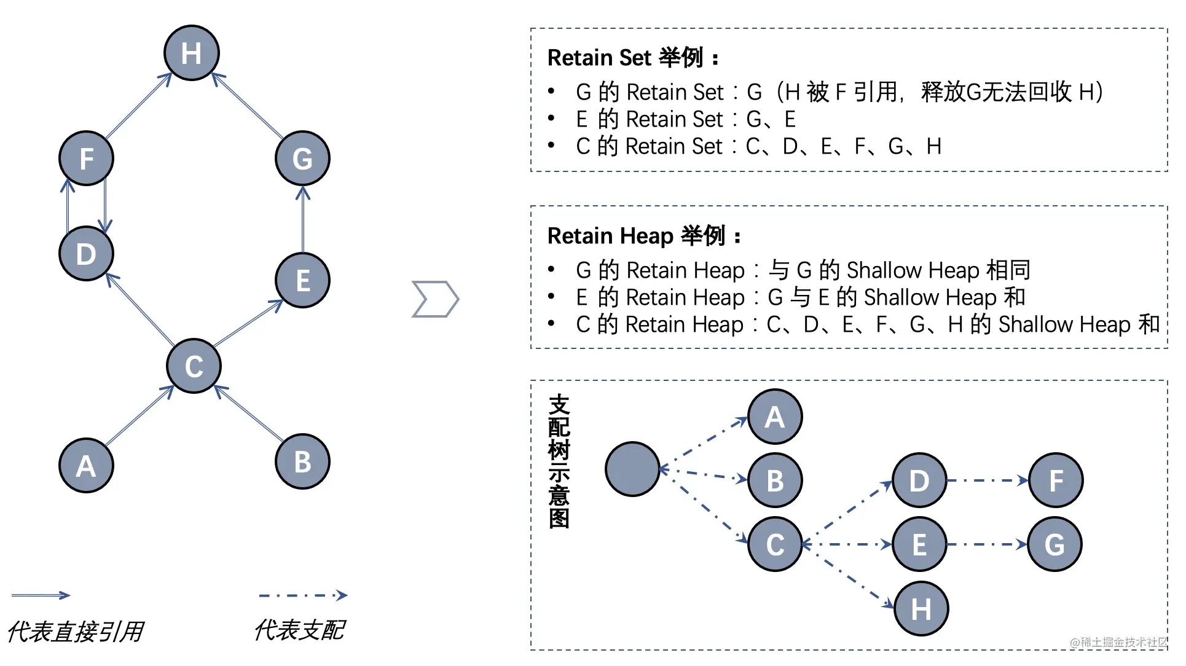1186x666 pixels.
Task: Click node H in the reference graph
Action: coord(192,53)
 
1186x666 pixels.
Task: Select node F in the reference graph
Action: coord(86,159)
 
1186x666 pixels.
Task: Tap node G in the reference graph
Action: coord(302,159)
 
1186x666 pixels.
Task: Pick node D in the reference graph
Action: coord(86,254)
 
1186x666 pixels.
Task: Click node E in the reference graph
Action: coord(302,281)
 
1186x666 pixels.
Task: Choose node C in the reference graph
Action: coord(194,366)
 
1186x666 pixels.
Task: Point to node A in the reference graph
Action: coord(86,466)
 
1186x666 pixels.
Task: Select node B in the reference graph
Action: coord(302,462)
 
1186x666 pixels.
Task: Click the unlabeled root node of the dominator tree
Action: coord(632,469)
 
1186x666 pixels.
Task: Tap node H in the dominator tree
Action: coord(921,609)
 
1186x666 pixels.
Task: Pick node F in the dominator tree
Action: coord(1056,480)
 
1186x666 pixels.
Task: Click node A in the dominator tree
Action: coord(775,417)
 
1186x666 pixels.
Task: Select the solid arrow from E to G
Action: coord(302,220)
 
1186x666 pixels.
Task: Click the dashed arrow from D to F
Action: coord(987,480)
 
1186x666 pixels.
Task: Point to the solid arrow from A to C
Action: coord(138,416)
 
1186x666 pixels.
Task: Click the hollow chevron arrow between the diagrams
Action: coord(435,299)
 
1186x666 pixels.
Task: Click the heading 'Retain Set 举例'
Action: coord(634,58)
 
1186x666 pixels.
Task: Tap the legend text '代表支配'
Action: coord(300,630)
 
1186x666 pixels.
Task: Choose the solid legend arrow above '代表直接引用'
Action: coord(41,595)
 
